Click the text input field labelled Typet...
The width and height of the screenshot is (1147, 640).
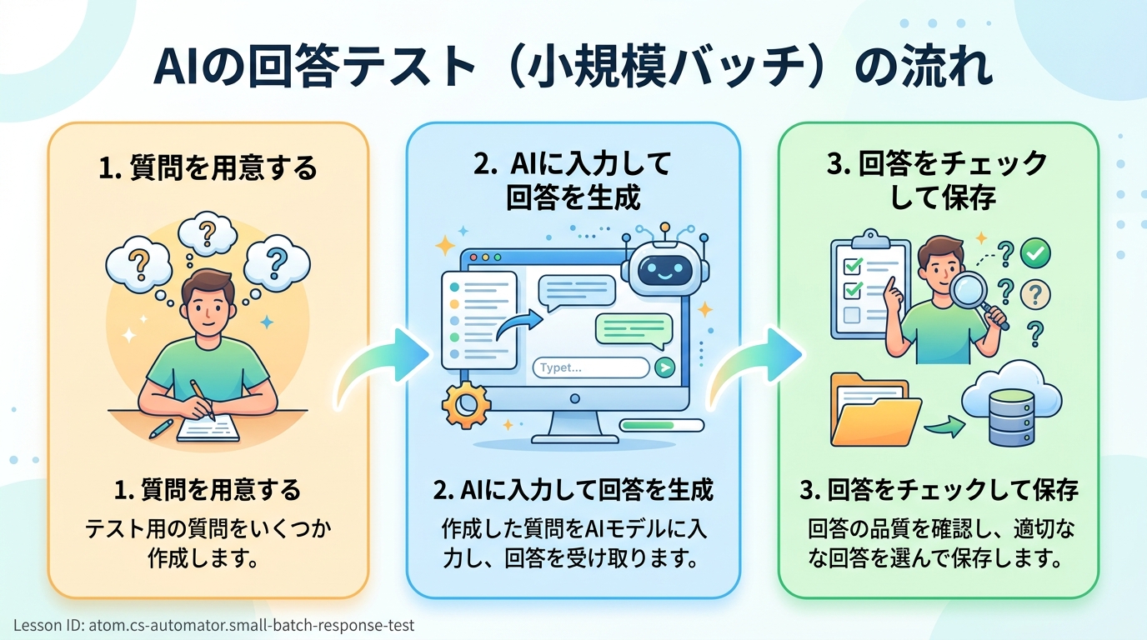pyautogui.click(x=590, y=367)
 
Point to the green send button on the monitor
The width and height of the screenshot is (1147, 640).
pyautogui.click(x=664, y=367)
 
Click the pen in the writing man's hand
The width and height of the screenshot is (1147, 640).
pyautogui.click(x=202, y=399)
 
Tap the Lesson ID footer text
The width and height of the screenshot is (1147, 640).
pyautogui.click(x=214, y=625)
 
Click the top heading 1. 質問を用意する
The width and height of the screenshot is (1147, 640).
pyautogui.click(x=208, y=168)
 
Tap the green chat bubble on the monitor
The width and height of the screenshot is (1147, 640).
pyautogui.click(x=633, y=327)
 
